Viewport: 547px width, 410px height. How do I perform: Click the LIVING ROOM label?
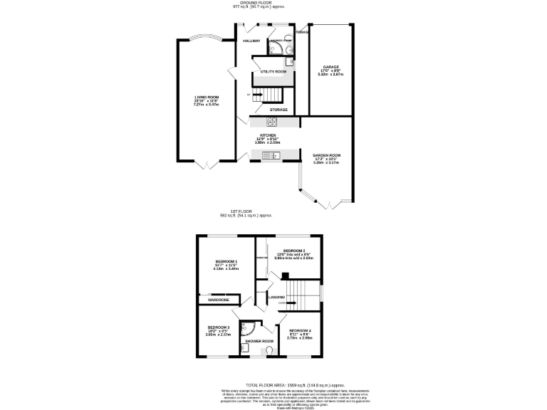click(207, 97)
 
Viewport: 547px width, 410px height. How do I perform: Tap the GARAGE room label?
click(330, 67)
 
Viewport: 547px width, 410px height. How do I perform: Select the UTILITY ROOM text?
click(273, 72)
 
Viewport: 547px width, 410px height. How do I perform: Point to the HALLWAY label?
click(251, 41)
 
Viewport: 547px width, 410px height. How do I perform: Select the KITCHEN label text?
click(267, 135)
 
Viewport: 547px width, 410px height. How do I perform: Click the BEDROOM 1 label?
click(226, 261)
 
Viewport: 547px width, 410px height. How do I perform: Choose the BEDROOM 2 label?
click(293, 251)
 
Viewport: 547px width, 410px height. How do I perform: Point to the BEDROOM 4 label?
click(299, 330)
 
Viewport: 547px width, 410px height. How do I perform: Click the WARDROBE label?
click(218, 300)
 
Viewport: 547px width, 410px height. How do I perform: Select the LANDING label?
click(276, 297)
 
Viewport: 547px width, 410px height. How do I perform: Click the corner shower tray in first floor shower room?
click(248, 329)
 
